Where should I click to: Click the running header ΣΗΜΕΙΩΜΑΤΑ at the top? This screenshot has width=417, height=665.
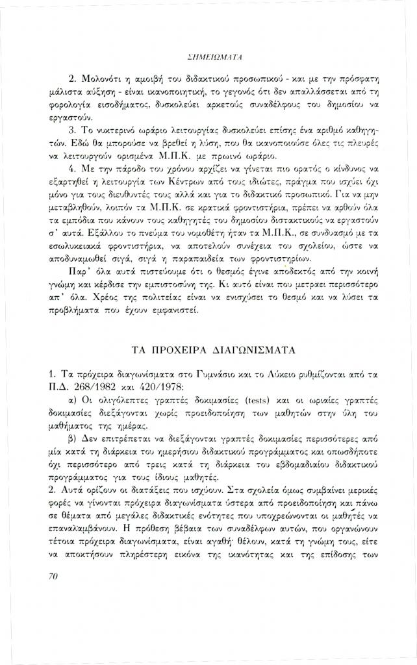[210, 58]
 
